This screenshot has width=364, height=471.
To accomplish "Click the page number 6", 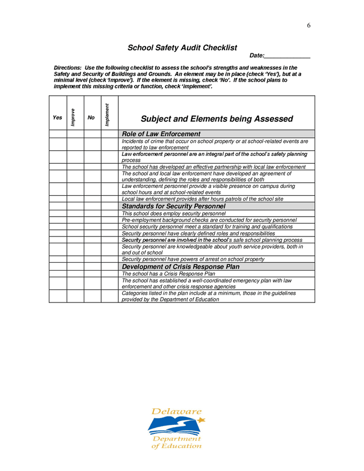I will [309, 26].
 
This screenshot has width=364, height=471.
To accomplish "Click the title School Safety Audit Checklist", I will [182, 48].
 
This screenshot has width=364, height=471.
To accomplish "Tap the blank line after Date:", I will [288, 55].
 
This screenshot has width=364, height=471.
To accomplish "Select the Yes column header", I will [58, 118].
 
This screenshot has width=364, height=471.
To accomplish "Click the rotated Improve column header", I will [75, 117].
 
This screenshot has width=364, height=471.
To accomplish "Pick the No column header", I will [92, 118].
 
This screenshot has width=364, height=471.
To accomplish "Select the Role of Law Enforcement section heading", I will [161, 134].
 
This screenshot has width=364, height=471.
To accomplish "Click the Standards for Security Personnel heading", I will [173, 206].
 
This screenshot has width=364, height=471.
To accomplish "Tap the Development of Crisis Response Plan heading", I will [181, 267].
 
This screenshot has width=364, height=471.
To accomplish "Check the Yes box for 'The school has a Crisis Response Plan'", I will [58, 274].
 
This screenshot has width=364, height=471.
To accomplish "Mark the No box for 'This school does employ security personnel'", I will [92, 214].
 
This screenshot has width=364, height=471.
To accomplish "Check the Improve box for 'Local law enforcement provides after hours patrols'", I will [75, 199].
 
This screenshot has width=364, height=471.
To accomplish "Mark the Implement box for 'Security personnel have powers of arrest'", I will [109, 260].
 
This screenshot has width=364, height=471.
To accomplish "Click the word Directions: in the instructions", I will [68, 68].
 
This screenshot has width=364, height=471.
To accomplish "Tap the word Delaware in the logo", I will [176, 412].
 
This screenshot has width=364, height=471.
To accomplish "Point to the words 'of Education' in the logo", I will [176, 446].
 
